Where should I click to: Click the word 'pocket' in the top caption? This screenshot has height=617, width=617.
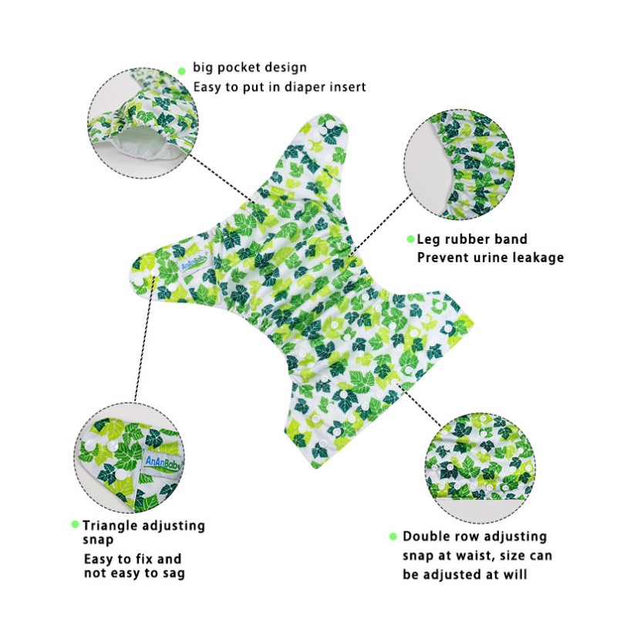point(238,68)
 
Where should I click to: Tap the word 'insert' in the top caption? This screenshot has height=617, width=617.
point(348,86)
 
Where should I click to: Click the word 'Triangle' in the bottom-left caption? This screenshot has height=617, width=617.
point(109,526)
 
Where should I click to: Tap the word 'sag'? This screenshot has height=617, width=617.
point(174,573)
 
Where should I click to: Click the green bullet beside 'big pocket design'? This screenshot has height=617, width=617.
point(182,71)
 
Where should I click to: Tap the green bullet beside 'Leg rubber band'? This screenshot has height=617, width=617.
point(410,239)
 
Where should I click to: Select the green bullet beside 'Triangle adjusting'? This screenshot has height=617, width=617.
point(75,524)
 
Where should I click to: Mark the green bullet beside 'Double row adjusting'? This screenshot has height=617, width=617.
point(393,536)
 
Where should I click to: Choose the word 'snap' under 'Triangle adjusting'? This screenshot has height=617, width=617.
point(98,541)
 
